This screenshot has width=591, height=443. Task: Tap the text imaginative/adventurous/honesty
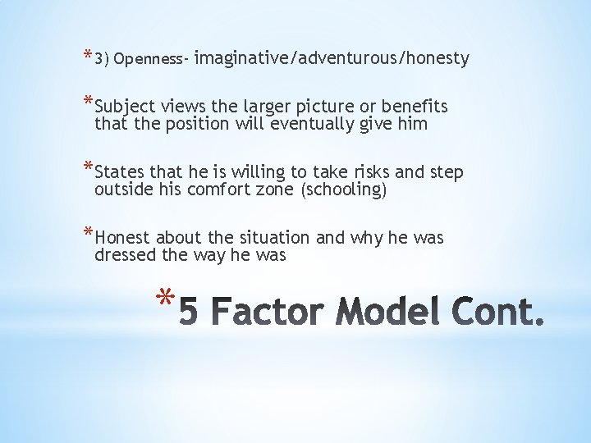tap(332, 58)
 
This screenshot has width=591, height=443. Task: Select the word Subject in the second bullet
tap(123, 107)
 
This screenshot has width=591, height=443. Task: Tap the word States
tap(121, 172)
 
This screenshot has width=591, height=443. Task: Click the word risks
tap(373, 172)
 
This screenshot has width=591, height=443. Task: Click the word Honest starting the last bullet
tap(123, 238)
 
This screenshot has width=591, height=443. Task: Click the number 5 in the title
tap(188, 313)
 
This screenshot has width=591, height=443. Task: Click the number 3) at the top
tap(103, 59)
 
